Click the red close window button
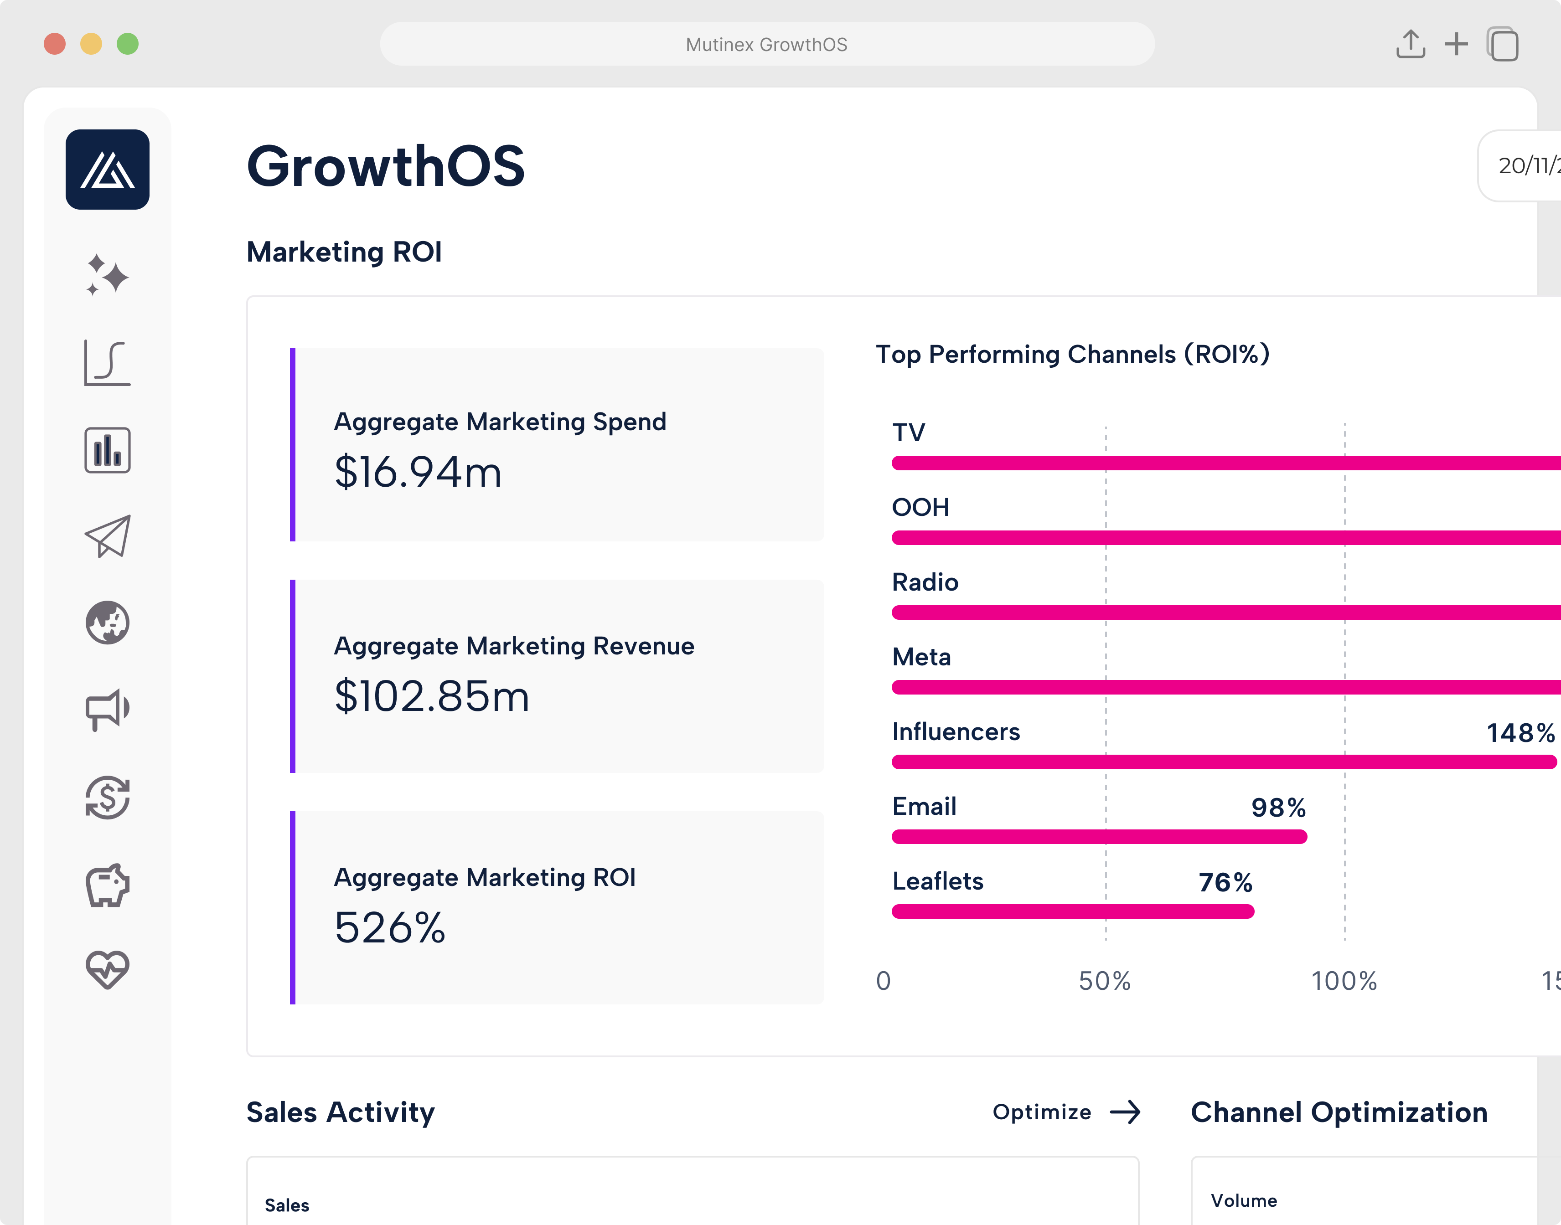[55, 44]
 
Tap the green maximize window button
[128, 44]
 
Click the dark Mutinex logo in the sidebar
[108, 169]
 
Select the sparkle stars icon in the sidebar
[108, 275]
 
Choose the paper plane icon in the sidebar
[108, 536]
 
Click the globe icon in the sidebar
[108, 623]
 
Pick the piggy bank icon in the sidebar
[108, 885]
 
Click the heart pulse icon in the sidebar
[108, 970]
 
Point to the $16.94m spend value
[418, 473]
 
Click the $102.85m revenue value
[431, 696]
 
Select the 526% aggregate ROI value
[389, 928]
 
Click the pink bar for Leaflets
[1072, 911]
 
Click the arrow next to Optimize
[1125, 1112]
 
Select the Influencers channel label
[956, 731]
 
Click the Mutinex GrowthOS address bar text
[766, 45]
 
